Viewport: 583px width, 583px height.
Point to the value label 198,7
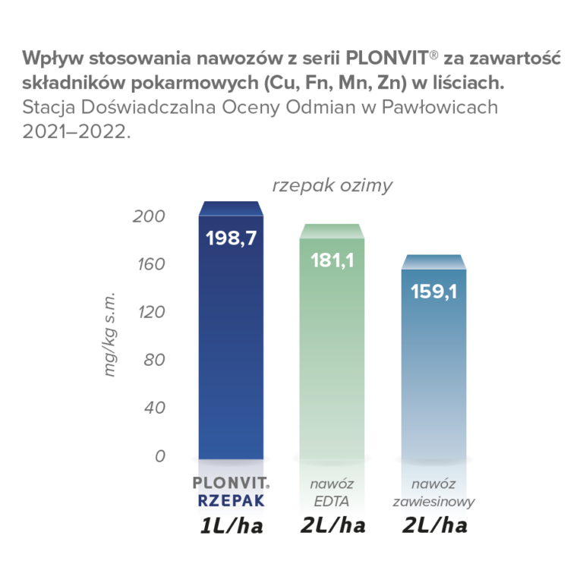(x=231, y=238)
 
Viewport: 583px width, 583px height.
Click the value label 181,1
(x=332, y=260)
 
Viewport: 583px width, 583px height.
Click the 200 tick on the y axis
(x=149, y=216)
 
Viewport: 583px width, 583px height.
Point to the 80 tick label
(x=154, y=360)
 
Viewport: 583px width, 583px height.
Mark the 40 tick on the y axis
(x=154, y=408)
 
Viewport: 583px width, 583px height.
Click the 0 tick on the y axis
(x=159, y=456)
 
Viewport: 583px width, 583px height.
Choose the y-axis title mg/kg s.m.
(x=110, y=333)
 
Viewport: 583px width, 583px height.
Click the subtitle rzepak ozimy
(x=332, y=186)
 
